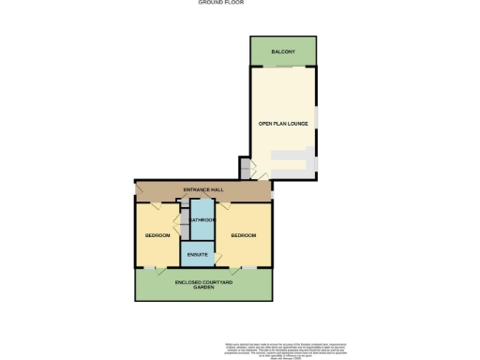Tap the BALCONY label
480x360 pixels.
pyautogui.click(x=283, y=51)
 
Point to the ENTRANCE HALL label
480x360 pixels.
pyautogui.click(x=203, y=190)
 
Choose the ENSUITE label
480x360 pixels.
pyautogui.click(x=198, y=254)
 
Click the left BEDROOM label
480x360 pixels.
pyautogui.click(x=157, y=235)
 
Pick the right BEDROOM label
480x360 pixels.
pyautogui.click(x=244, y=235)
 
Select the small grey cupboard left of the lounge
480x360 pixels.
pyautogui.click(x=246, y=169)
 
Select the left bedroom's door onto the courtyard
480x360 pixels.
pyautogui.click(x=161, y=270)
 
